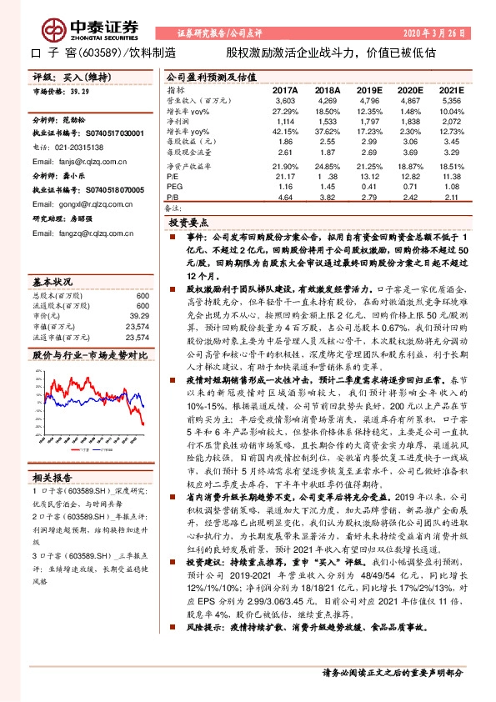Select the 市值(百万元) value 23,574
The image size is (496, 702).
tap(135, 326)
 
